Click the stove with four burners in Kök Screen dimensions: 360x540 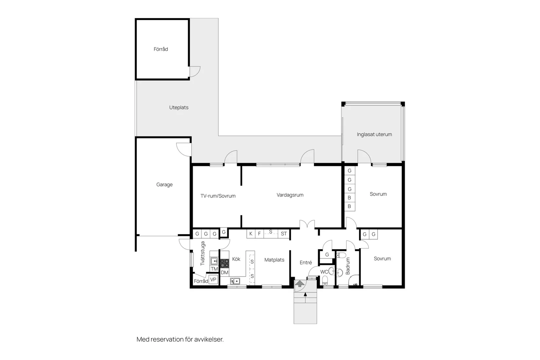coord(225,263)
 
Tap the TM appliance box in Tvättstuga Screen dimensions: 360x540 coord(214,269)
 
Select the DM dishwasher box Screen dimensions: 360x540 coord(225,272)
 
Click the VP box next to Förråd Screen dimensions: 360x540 coord(213,279)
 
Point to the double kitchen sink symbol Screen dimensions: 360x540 coord(235,281)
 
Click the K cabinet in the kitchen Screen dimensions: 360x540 coord(251,234)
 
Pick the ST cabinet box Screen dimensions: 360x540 coord(284,234)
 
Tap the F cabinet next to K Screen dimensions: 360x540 coord(260,234)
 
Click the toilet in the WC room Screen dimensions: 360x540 coord(325,280)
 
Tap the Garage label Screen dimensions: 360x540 coord(164,185)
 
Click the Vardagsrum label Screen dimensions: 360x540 coord(290,195)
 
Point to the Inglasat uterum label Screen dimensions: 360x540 coord(374,135)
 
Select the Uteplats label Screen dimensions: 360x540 coord(179,107)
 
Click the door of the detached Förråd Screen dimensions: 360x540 coord(195,71)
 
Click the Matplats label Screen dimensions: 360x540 coord(274,260)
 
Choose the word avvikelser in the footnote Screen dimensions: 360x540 coord(209,339)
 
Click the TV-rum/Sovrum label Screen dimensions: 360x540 coord(218,196)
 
